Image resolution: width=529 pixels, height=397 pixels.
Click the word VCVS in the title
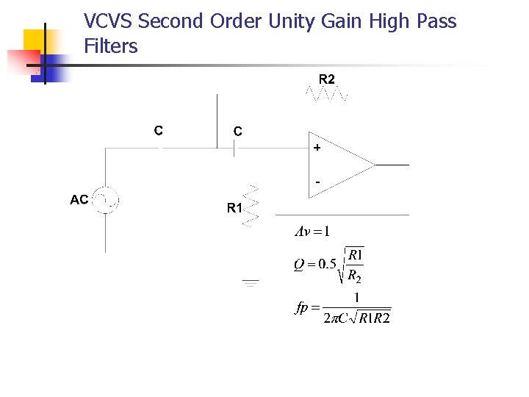coord(109,21)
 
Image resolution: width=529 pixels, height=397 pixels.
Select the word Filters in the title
coord(111,46)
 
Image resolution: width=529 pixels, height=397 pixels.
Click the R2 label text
coord(327,79)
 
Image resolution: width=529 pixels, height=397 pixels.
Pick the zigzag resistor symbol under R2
coord(327,93)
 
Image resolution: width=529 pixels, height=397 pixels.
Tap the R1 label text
coord(234,208)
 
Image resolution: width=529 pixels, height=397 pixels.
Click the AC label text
coord(79,199)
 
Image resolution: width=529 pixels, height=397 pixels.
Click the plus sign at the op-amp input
coord(317,148)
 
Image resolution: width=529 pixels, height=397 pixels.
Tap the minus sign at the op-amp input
coord(317,180)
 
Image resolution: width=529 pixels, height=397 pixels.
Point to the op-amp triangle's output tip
coord(375,165)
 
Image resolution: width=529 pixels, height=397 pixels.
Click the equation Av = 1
coord(312,232)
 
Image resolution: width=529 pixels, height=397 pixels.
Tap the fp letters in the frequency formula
coord(302,308)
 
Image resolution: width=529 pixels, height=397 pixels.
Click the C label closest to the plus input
coord(238,131)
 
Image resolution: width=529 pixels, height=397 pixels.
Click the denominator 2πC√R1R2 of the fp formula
coord(357,318)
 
